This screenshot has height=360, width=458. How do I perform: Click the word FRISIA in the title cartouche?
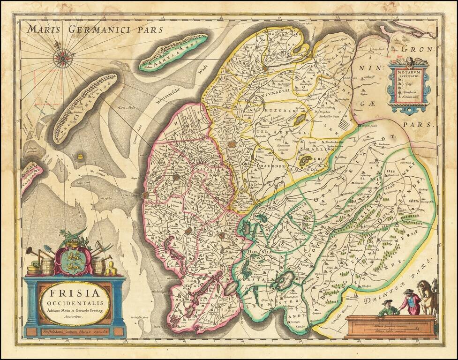[75, 294]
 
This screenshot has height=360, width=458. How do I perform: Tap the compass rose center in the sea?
[61, 59]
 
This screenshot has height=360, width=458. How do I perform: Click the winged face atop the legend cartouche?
[409, 61]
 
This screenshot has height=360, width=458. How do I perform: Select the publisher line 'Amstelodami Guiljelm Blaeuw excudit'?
[75, 331]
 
